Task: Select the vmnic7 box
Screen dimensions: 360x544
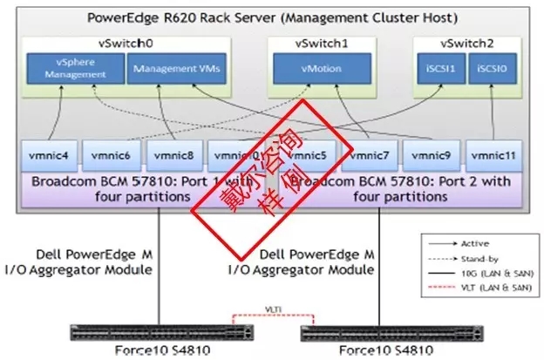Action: [x=371, y=157]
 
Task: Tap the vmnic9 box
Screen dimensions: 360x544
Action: [x=432, y=157]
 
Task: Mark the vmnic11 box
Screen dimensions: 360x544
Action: [x=493, y=157]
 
